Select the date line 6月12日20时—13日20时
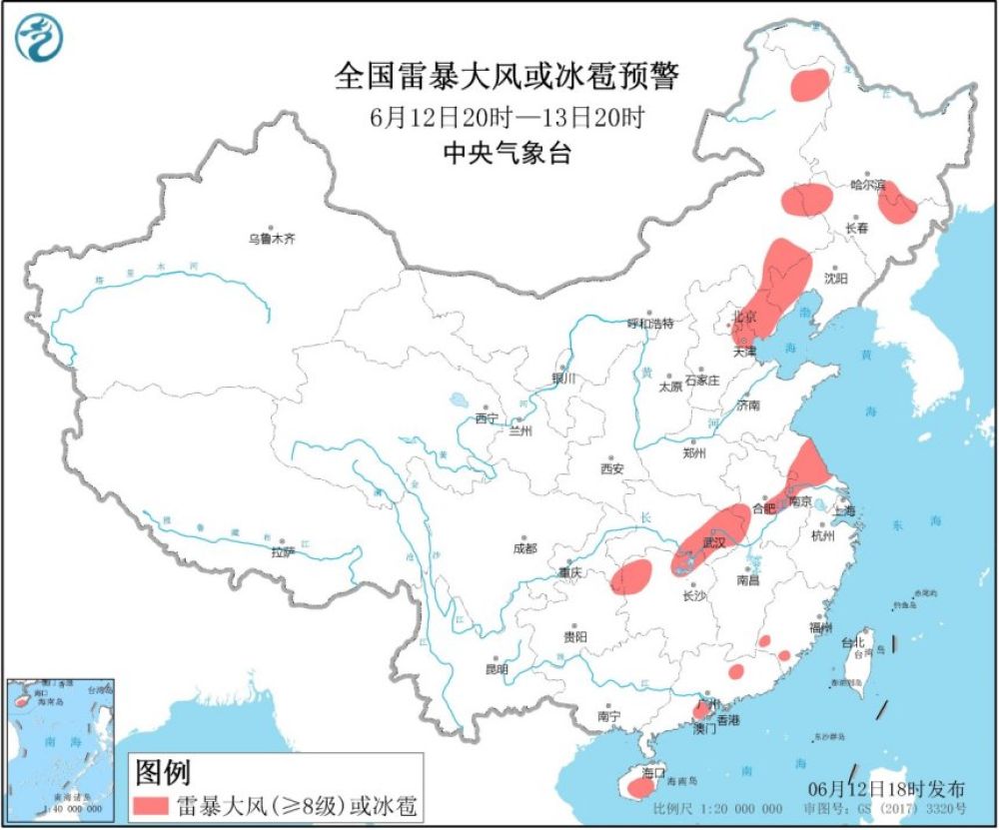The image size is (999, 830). pos(505,117)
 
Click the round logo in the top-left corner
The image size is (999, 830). pos(39,39)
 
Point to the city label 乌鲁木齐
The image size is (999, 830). pos(272,239)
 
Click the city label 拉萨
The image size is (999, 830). pos(283,551)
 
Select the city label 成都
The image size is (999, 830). pos(524,548)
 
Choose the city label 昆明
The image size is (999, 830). pos(496,668)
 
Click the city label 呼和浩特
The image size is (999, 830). pos(650,324)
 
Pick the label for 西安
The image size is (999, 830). pos(611,468)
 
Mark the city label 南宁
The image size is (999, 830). pos(608,716)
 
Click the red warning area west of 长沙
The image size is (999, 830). pos(631,575)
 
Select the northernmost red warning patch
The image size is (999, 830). pos(810,85)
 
